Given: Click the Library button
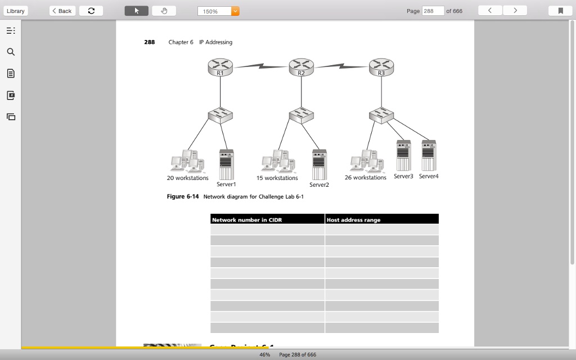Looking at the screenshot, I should (15, 11).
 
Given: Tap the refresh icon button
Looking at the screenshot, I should (91, 11).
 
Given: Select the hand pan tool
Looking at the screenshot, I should (164, 11).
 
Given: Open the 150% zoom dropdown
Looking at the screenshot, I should (235, 11).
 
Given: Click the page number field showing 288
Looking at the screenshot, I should (433, 11).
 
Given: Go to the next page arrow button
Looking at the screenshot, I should (515, 11).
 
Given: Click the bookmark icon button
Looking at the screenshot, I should (560, 11).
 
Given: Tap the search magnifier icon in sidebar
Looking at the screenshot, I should (11, 52).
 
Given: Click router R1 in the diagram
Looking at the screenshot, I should (220, 67).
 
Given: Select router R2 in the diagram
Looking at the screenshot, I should (301, 67).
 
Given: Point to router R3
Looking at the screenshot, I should (381, 67).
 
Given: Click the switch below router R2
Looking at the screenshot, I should (301, 115).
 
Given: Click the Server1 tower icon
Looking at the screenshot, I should (226, 164).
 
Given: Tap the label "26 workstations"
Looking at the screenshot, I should (366, 178).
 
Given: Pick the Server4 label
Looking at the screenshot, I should (428, 177).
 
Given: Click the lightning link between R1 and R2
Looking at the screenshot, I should (260, 66).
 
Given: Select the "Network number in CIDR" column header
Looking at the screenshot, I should (267, 219).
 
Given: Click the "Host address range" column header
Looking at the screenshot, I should (381, 219).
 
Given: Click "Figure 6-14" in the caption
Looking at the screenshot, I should (183, 197).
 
